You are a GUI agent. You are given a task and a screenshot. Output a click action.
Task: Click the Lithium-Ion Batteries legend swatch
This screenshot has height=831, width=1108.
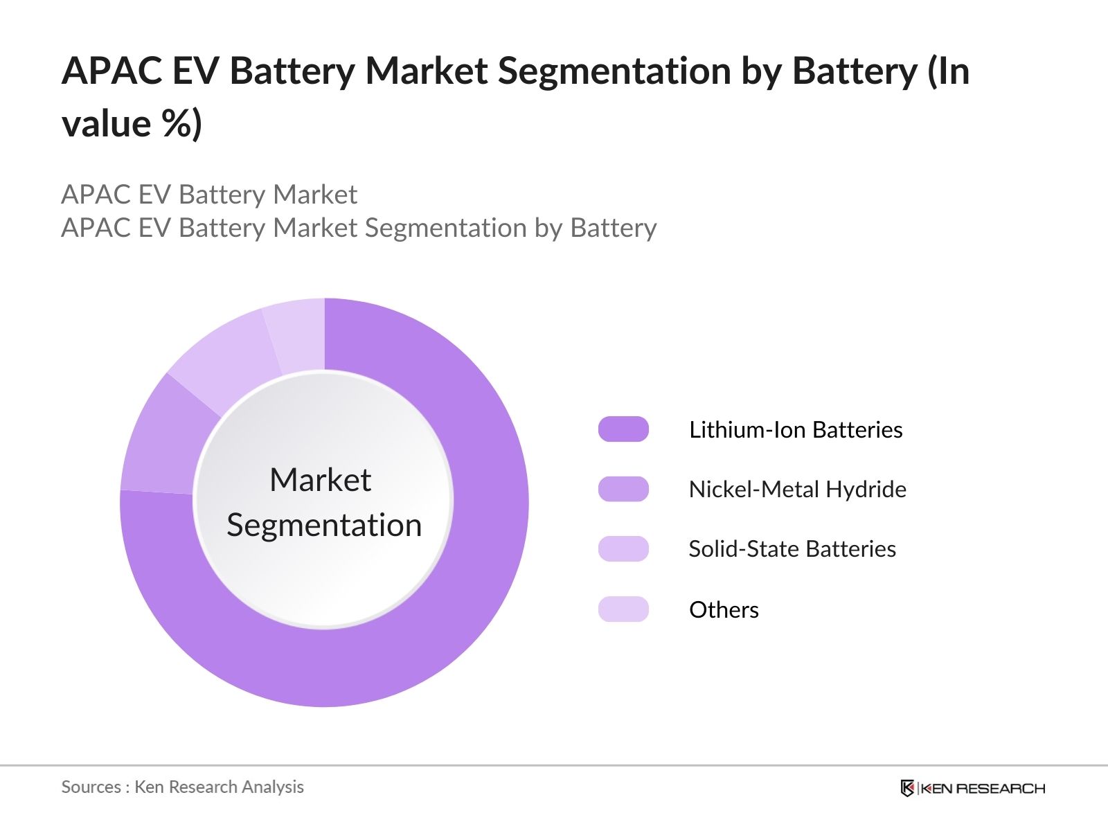click(623, 429)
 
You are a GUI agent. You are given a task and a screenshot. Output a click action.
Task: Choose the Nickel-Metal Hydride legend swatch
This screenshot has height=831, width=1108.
click(623, 489)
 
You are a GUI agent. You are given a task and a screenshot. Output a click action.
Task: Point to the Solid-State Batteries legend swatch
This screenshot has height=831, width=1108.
click(623, 548)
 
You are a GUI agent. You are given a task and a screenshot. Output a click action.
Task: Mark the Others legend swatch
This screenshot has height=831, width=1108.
click(623, 609)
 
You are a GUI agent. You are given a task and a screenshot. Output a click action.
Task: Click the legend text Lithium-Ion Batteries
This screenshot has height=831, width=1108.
click(796, 430)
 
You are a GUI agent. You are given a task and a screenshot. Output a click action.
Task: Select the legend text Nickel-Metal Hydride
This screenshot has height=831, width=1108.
click(797, 490)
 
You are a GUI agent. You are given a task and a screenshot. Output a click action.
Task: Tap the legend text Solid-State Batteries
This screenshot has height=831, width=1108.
click(792, 549)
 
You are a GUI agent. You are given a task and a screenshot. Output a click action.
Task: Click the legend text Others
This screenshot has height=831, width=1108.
click(724, 610)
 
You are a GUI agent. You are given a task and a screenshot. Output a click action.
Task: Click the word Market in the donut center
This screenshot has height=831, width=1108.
click(320, 480)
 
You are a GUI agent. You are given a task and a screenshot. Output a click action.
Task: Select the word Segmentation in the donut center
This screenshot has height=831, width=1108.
click(324, 525)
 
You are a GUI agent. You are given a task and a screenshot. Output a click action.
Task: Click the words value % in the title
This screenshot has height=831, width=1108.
click(132, 125)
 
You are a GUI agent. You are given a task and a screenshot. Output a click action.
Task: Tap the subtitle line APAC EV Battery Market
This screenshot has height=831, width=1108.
click(209, 195)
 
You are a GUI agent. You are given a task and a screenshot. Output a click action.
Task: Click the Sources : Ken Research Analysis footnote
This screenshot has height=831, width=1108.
click(183, 787)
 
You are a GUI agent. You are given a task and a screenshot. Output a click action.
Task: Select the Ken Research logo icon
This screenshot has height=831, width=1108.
click(907, 788)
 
